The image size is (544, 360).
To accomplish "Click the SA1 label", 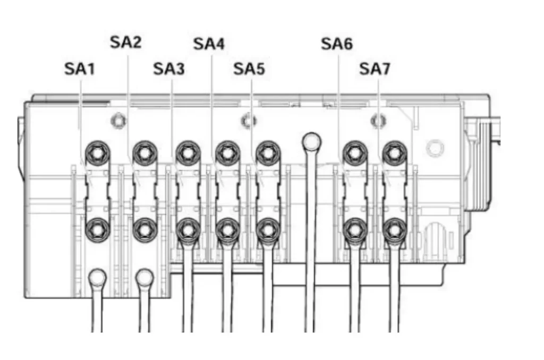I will (80, 68).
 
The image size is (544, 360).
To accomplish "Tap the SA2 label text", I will (126, 42).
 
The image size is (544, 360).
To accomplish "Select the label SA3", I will (169, 68).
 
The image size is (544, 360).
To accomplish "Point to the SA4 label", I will (209, 44).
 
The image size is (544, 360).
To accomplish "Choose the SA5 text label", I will (249, 68).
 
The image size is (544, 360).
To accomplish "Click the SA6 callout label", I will (337, 44).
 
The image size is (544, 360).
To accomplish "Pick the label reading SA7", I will (375, 68).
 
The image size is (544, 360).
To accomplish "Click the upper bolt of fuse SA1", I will (98, 153).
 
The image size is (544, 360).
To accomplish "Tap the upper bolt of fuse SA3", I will (187, 153).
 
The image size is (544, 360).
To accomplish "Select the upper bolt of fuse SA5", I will (267, 153).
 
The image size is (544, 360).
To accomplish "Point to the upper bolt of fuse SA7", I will (394, 153).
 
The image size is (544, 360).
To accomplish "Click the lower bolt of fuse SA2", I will (143, 229).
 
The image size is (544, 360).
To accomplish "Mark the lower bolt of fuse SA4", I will (227, 229).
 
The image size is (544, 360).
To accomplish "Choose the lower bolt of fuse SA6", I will (354, 229).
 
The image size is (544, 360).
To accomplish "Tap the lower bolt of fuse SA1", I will (98, 229).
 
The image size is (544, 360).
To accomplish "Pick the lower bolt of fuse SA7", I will (394, 229).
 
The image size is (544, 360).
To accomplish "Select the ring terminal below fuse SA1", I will (97, 278).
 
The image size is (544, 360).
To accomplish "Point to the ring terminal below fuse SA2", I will (144, 278).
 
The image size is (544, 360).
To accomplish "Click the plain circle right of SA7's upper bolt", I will (435, 147).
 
